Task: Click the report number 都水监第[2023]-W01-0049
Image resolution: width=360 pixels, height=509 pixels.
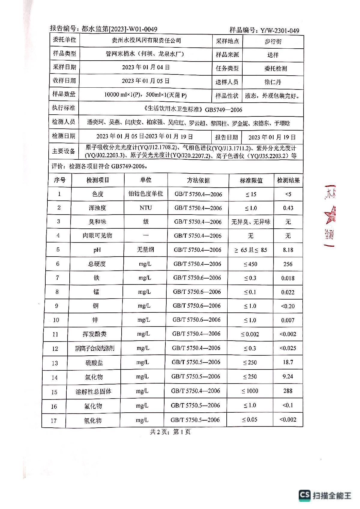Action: [x=119, y=29]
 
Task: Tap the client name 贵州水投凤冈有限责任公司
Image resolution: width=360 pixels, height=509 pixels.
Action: [x=146, y=41]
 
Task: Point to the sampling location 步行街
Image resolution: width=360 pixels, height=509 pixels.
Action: [x=273, y=41]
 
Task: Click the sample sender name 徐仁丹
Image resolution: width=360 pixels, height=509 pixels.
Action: [x=273, y=82]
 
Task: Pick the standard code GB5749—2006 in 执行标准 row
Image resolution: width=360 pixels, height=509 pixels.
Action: [x=223, y=110]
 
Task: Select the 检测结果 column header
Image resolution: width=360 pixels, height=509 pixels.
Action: [x=288, y=180]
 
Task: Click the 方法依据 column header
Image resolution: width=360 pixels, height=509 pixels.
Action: [x=198, y=180]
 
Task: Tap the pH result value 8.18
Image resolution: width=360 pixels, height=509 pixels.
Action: [x=288, y=250]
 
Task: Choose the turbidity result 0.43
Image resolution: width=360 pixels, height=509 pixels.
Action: [x=288, y=208]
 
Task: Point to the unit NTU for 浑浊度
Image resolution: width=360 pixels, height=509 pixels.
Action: [x=146, y=208]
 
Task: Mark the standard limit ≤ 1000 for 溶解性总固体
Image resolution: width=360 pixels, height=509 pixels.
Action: [x=250, y=391]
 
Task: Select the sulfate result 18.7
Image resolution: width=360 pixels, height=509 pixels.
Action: [x=288, y=362]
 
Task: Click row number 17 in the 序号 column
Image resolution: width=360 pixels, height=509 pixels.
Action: [x=54, y=420]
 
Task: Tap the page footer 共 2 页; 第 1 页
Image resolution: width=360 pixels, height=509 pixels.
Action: [x=170, y=432]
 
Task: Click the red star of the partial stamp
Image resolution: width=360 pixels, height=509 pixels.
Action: [x=330, y=215]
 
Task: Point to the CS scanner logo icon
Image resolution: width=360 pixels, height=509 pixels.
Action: [x=304, y=495]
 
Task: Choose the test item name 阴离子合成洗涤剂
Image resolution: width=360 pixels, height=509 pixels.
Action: [x=95, y=348]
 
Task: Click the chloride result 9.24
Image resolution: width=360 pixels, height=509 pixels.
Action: [x=288, y=376]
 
